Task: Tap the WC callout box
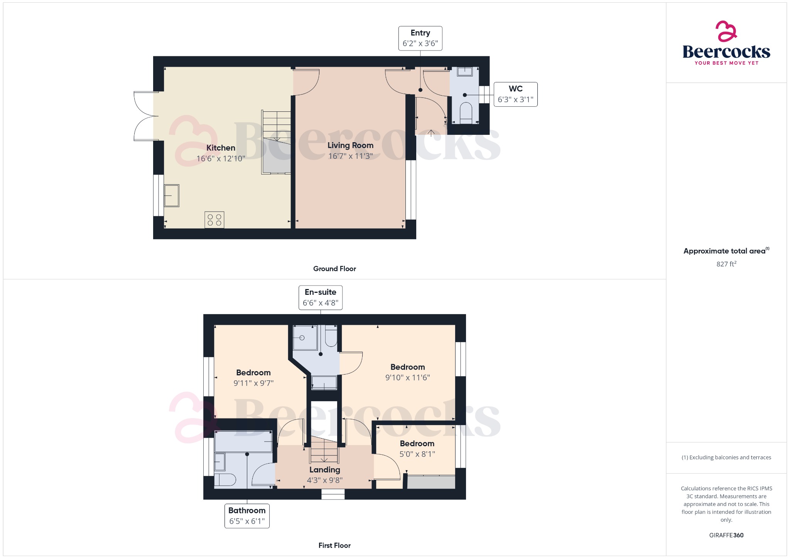[515, 94]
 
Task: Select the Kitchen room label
[221, 148]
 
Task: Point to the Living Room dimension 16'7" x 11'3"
[350, 156]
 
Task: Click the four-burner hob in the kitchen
[214, 220]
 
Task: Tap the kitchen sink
[172, 196]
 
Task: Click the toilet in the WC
[466, 113]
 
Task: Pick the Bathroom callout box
[247, 516]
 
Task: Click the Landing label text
[325, 470]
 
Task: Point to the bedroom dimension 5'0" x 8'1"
[417, 454]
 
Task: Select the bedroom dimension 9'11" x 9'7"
[253, 383]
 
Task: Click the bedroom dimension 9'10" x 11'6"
[407, 378]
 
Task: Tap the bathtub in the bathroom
[243, 442]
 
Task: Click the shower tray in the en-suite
[305, 338]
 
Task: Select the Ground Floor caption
[334, 269]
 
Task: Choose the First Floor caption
[334, 545]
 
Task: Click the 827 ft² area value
[726, 264]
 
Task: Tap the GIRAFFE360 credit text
[726, 535]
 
